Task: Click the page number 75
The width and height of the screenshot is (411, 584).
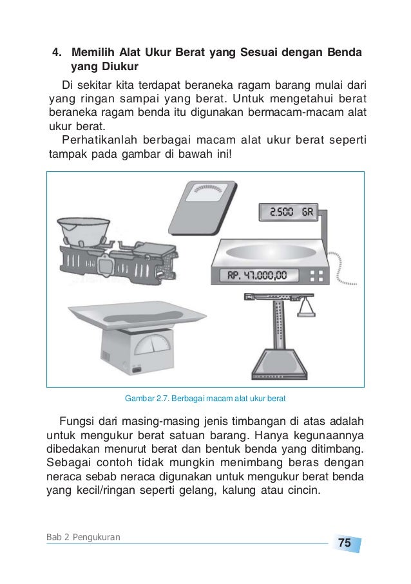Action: coord(345,543)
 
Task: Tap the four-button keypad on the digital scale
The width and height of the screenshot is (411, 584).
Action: coord(316,276)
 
